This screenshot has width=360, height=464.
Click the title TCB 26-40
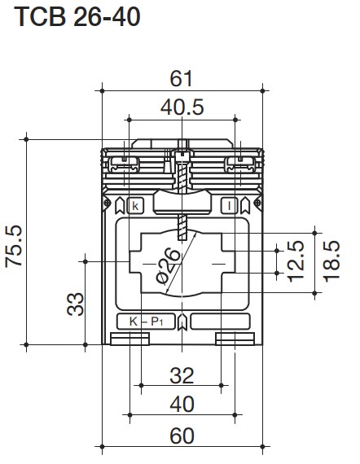[x=77, y=17]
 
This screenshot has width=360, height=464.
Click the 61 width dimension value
[x=181, y=78]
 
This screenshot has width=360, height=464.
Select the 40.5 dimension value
[x=182, y=107]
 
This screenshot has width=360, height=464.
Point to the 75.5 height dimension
[x=14, y=246]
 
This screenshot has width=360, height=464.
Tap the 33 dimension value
[x=75, y=304]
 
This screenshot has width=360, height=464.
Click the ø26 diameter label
[x=168, y=266]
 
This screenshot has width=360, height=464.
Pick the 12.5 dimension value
[x=296, y=261]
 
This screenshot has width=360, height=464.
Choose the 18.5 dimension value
[x=331, y=261]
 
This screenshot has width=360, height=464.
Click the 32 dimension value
[x=182, y=376]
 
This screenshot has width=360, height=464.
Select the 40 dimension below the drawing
[x=182, y=405]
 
